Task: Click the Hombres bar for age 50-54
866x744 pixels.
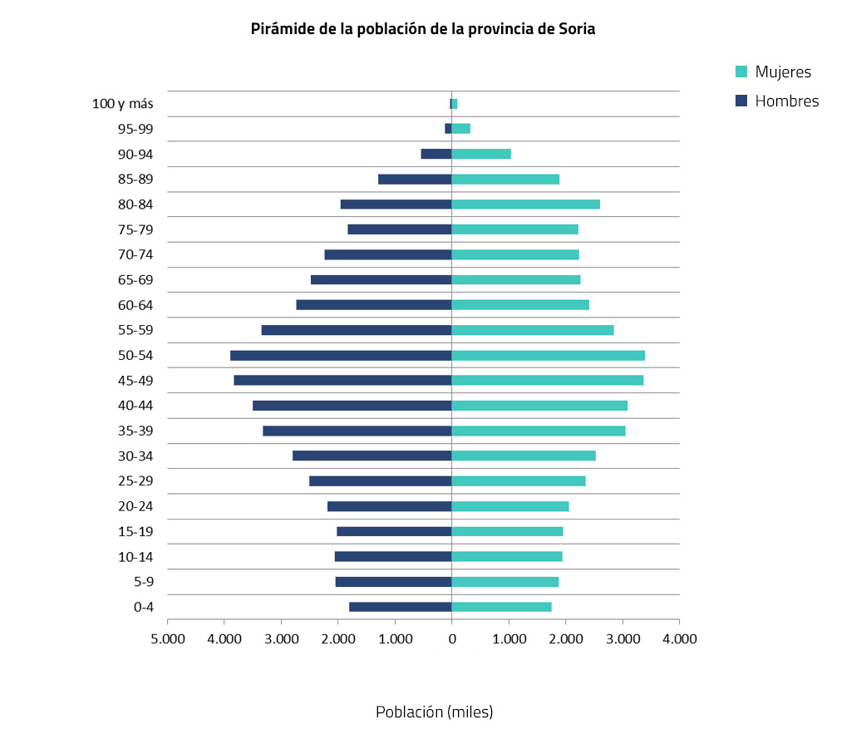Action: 341,356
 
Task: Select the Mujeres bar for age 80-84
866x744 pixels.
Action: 525,204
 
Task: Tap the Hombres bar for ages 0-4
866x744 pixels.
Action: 400,607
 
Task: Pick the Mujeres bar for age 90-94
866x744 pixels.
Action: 481,154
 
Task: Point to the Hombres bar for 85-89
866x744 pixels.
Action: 415,180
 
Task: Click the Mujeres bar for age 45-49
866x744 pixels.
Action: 547,381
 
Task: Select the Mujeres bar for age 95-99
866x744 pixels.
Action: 461,129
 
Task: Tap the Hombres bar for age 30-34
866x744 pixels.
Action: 371,456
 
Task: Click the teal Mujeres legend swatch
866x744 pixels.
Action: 742,72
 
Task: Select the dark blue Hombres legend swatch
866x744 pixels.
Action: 742,101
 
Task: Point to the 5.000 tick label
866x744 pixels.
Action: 167,639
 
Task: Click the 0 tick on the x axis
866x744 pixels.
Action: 451,639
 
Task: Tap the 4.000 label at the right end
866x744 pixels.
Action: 679,639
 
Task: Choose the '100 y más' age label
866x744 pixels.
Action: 122,105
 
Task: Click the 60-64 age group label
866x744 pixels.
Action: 136,305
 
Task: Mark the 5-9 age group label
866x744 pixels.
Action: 143,582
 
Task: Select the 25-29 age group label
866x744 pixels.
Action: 136,481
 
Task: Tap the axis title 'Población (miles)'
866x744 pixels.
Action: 434,712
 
